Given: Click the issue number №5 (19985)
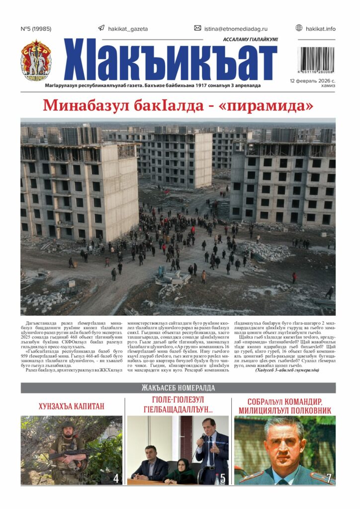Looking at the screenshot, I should (x=36, y=29).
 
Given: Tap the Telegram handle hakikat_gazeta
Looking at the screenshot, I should (x=128, y=29).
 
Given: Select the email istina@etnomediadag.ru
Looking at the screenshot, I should (x=238, y=29).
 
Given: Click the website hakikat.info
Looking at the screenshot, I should (x=321, y=29).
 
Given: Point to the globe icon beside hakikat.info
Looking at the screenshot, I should (x=299, y=28).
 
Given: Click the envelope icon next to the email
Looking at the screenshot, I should (x=197, y=28).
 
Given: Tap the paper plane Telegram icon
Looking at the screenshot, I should (x=101, y=28).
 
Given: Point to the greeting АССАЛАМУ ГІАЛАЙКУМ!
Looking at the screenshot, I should (x=250, y=39).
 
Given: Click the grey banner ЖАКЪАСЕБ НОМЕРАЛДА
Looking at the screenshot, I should (x=178, y=388).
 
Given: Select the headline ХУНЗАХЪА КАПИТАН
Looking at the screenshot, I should (x=71, y=407).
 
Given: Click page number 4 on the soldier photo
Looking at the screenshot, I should (x=116, y=479).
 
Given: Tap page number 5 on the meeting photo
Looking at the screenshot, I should (x=222, y=479).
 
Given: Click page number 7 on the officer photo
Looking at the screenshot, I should (x=328, y=479).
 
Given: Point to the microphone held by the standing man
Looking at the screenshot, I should (x=201, y=439).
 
